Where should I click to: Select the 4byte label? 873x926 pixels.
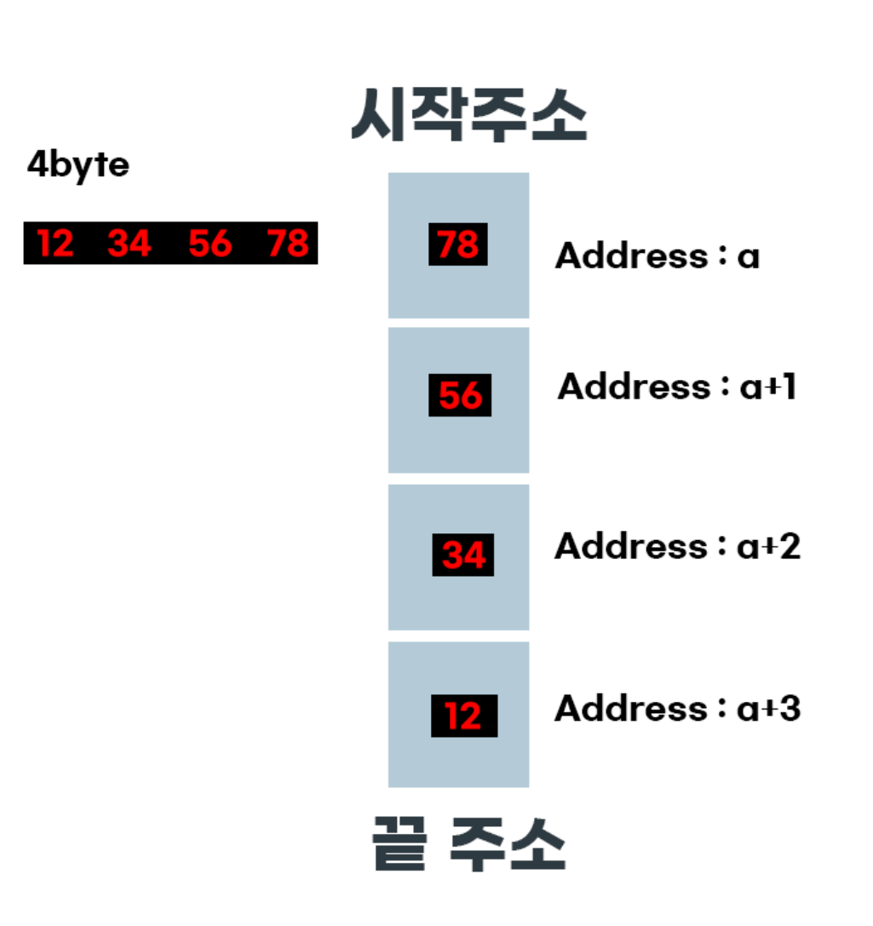78,164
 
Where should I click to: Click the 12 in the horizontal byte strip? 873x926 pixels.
55,244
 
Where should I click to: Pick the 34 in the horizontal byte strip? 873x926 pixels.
129,244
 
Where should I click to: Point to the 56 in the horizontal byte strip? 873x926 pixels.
210,244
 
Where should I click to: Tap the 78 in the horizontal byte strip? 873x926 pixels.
287,244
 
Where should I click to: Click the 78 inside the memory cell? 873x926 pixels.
458,244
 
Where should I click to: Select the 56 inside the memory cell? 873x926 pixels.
460,395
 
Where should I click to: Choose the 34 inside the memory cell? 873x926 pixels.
463,555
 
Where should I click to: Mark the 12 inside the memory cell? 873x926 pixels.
463,716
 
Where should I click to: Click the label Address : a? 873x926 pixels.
657,255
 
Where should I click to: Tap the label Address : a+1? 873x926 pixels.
676,388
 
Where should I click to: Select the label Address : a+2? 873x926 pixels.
677,545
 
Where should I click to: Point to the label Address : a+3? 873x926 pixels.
677,708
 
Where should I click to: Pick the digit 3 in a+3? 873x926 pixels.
790,708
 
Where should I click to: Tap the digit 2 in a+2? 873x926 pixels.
790,545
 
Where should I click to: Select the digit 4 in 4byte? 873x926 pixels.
37,164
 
